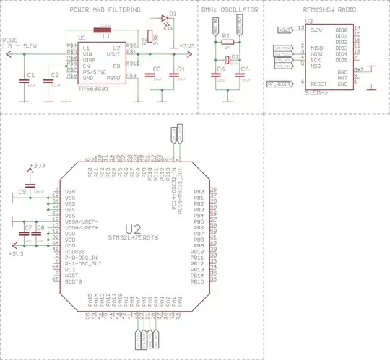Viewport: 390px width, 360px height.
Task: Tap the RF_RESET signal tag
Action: [x=279, y=83]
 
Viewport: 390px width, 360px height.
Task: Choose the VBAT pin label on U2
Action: [x=71, y=191]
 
